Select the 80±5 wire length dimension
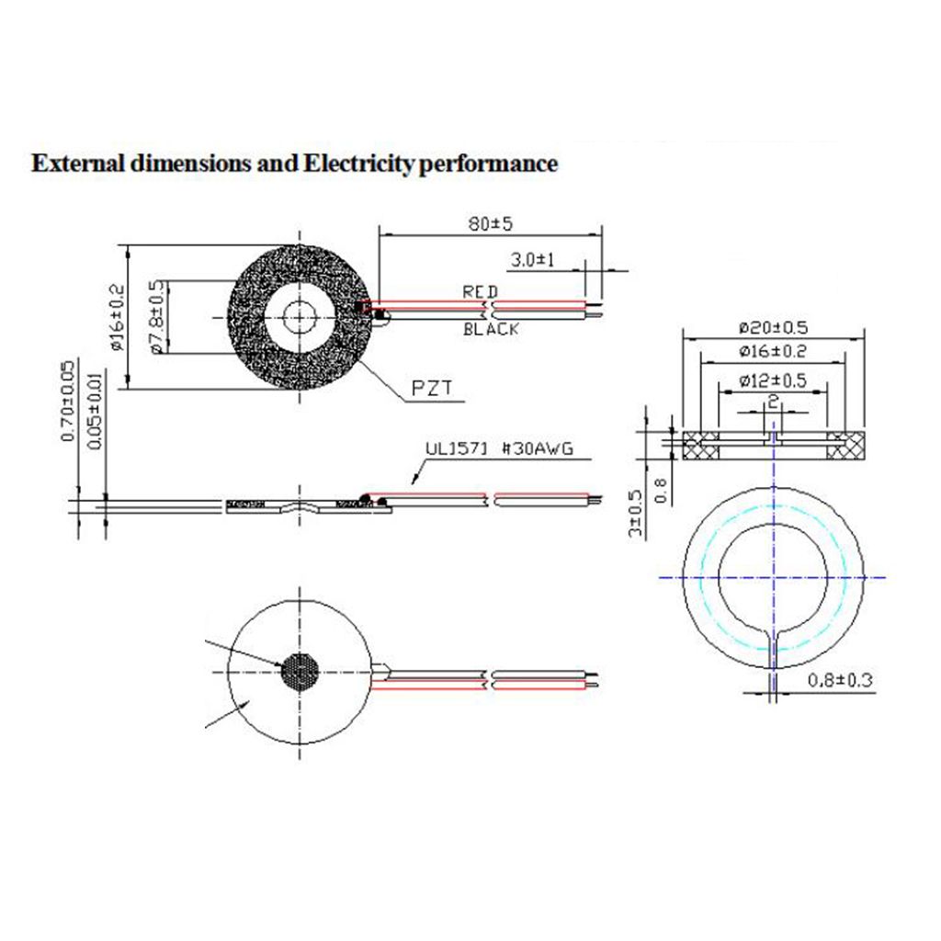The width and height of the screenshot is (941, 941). [491, 223]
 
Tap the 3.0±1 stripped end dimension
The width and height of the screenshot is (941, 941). [533, 260]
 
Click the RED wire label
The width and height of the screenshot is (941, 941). [480, 291]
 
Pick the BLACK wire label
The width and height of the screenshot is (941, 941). [491, 329]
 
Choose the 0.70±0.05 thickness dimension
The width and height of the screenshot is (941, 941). [68, 402]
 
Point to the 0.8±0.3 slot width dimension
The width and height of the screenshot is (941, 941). [839, 681]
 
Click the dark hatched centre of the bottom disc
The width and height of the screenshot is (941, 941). [300, 672]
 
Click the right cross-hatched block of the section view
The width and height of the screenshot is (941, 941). [845, 446]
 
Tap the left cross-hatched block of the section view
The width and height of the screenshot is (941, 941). [702, 446]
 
